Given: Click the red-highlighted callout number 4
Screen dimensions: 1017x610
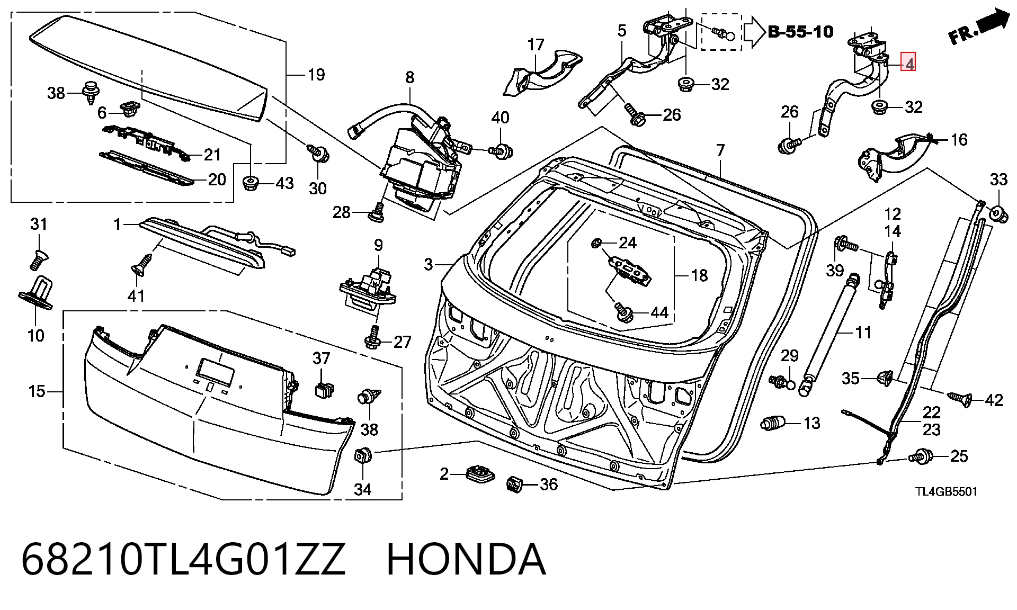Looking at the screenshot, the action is [x=908, y=64].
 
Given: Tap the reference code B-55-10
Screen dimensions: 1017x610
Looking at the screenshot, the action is [x=800, y=32].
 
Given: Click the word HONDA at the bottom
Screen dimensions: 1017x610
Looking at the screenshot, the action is [x=466, y=559].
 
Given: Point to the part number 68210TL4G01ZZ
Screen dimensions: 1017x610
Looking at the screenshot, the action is [x=183, y=559].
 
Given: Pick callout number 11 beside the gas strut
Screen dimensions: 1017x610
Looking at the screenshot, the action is [x=863, y=333].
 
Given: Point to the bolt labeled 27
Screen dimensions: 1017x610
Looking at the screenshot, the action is [x=374, y=337].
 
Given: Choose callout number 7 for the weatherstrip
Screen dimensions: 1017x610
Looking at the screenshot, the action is [x=720, y=150].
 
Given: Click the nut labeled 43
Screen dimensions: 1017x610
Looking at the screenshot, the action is [x=250, y=183].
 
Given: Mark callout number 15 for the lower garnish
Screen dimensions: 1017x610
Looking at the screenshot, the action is [x=37, y=391].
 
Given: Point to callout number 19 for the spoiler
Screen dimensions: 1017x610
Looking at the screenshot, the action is [x=316, y=75].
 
